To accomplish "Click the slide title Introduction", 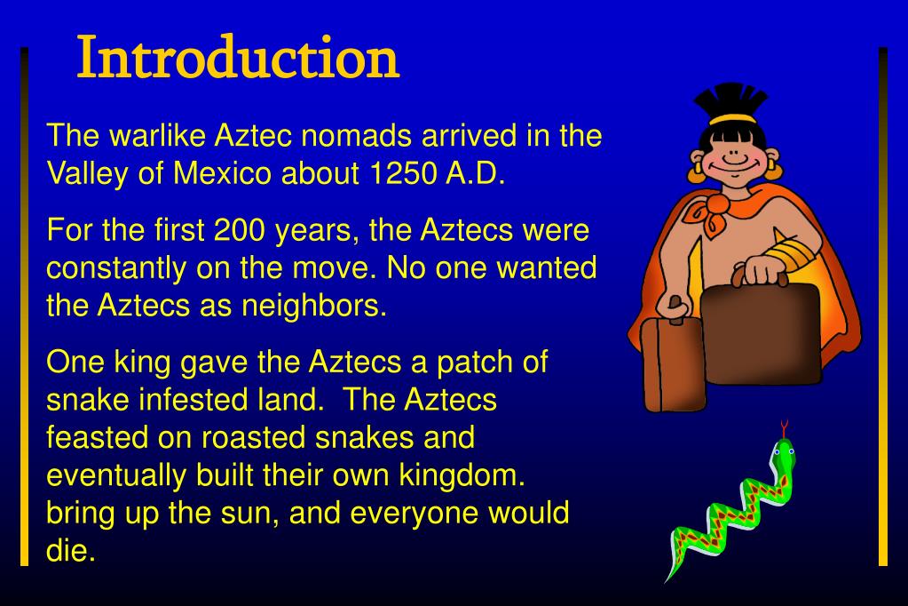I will pyautogui.click(x=238, y=59).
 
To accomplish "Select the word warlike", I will pyautogui.click(x=157, y=136).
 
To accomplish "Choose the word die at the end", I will pyautogui.click(x=69, y=551).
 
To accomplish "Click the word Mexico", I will pyautogui.click(x=221, y=173).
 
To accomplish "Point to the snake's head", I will pyautogui.click(x=784, y=451).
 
